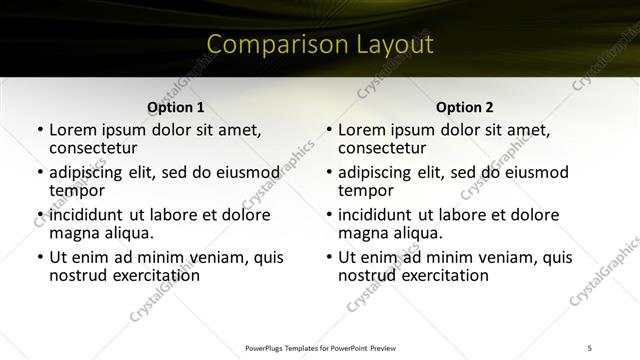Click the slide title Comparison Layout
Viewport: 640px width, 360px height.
[x=320, y=45]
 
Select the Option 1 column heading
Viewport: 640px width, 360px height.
[x=176, y=108]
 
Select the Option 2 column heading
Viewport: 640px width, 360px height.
[x=465, y=108]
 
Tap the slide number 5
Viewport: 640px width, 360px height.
[x=590, y=346]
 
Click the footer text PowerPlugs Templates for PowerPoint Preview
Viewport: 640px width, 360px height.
[x=320, y=346]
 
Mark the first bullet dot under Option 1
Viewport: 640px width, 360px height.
[x=40, y=130]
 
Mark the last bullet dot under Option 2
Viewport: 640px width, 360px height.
[x=329, y=257]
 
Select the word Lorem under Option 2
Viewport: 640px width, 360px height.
[x=362, y=130]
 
